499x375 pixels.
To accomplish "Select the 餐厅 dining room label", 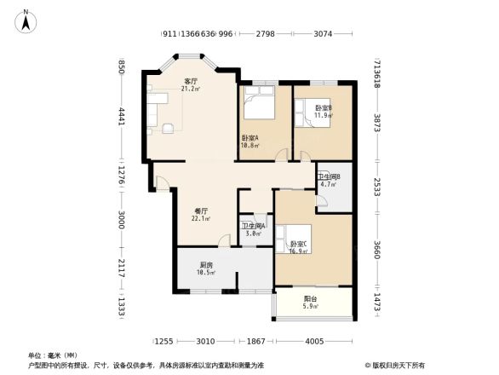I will point(202,211).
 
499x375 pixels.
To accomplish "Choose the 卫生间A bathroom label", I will point(253,226).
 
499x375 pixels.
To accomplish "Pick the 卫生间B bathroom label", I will point(329,177).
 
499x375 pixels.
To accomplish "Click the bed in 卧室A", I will point(256,107).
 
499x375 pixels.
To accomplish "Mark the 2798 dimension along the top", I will point(265,34).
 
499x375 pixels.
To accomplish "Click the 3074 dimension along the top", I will point(322,34).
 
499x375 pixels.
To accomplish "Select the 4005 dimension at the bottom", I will point(315,341).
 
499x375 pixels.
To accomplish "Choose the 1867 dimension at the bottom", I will point(258,341).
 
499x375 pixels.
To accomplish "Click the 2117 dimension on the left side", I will point(122,268).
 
